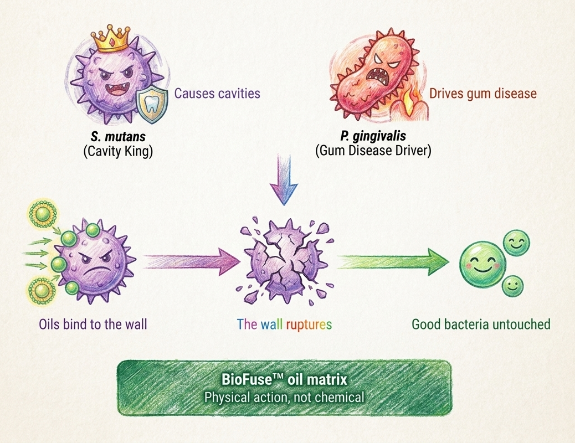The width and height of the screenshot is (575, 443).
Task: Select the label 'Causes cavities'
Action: tap(217, 93)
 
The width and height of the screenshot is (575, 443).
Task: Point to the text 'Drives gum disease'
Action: tap(483, 93)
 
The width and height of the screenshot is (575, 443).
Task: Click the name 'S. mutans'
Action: tap(118, 137)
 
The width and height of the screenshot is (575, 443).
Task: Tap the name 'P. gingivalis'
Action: tap(373, 136)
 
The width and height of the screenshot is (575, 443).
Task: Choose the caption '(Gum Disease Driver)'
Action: tap(373, 151)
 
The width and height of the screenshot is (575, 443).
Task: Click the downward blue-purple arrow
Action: tap(284, 180)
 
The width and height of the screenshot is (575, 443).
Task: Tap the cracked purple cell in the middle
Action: tap(285, 261)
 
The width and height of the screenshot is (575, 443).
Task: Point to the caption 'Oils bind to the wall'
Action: tap(93, 324)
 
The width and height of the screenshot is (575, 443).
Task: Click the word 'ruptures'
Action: tap(309, 324)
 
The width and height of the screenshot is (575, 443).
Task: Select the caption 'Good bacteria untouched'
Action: tap(481, 324)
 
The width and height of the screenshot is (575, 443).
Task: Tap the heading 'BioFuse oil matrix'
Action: tap(284, 379)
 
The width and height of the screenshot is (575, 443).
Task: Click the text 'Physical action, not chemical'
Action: tap(284, 397)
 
